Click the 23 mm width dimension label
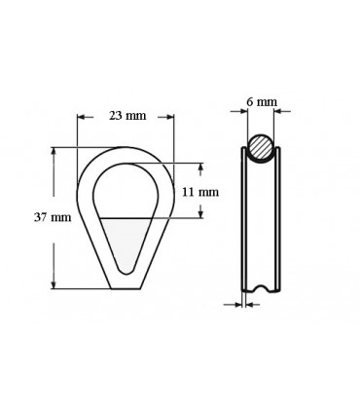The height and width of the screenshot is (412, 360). click(x=126, y=116)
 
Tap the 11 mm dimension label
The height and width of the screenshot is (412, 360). click(x=207, y=193)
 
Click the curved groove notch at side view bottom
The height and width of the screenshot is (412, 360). click(x=259, y=286)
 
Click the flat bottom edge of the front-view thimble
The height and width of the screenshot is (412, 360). click(x=126, y=288)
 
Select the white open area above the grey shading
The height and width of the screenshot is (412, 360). click(x=126, y=190)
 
